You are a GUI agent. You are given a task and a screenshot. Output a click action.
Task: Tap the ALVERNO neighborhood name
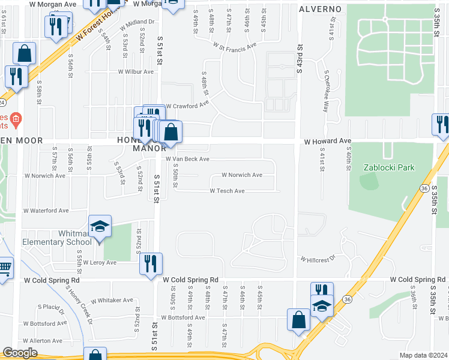pos(321,10)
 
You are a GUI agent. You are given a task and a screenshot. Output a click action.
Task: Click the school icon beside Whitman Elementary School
pos(100,227)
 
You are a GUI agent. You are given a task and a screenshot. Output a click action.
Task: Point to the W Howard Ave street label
pos(327,141)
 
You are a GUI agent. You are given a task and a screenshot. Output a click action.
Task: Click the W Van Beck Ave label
pos(187,159)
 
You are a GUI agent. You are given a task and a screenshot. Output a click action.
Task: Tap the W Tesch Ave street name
pos(227,191)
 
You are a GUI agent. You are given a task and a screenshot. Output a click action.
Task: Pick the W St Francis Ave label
pos(234,44)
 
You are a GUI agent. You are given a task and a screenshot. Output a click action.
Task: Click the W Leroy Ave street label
pos(99,263)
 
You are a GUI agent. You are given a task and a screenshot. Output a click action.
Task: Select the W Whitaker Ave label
pos(112,300)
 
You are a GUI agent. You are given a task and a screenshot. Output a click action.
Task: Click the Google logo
pos(20,353)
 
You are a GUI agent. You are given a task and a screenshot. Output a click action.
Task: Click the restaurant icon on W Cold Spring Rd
pos(151,263)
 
